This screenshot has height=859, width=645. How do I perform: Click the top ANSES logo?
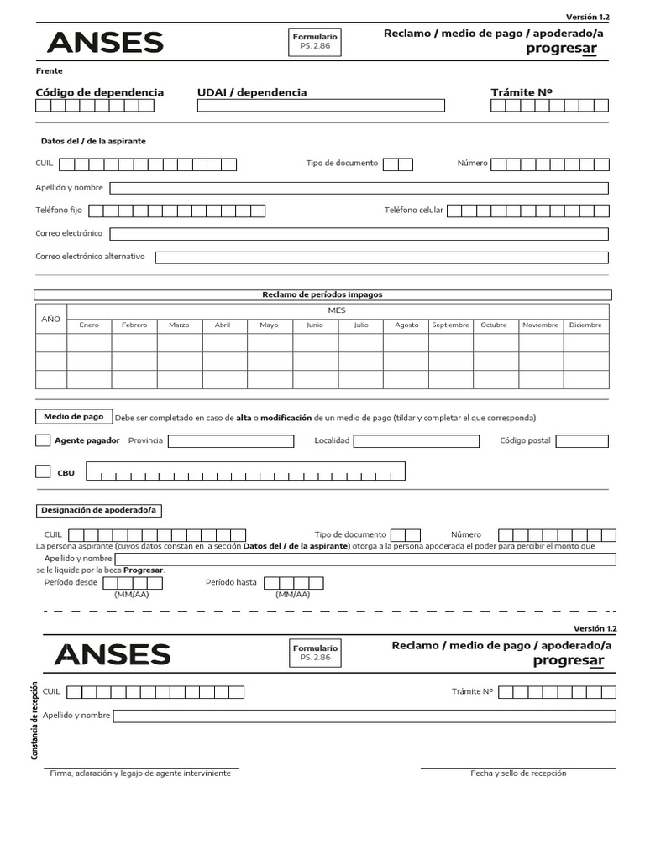point(105,43)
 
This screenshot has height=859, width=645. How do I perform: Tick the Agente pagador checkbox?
point(43,440)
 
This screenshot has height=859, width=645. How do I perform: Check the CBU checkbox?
point(43,471)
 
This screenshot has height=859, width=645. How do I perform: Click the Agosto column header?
point(406,325)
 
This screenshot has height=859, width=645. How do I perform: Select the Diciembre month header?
point(585,325)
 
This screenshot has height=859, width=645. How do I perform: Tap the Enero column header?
point(89,325)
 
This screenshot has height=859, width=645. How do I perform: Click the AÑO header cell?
point(51,319)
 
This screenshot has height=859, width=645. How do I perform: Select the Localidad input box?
point(416,441)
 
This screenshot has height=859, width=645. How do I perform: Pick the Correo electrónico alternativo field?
point(382,257)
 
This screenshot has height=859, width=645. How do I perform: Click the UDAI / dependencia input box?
point(321,106)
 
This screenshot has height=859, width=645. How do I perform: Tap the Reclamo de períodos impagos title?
point(322,295)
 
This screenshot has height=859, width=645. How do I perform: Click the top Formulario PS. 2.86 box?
point(315,41)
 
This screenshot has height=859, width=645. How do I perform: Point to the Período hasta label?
point(231,582)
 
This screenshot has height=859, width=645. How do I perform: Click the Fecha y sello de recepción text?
point(518,773)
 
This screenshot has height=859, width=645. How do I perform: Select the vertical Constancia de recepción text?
point(35,721)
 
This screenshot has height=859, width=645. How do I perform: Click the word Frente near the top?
point(49,71)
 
